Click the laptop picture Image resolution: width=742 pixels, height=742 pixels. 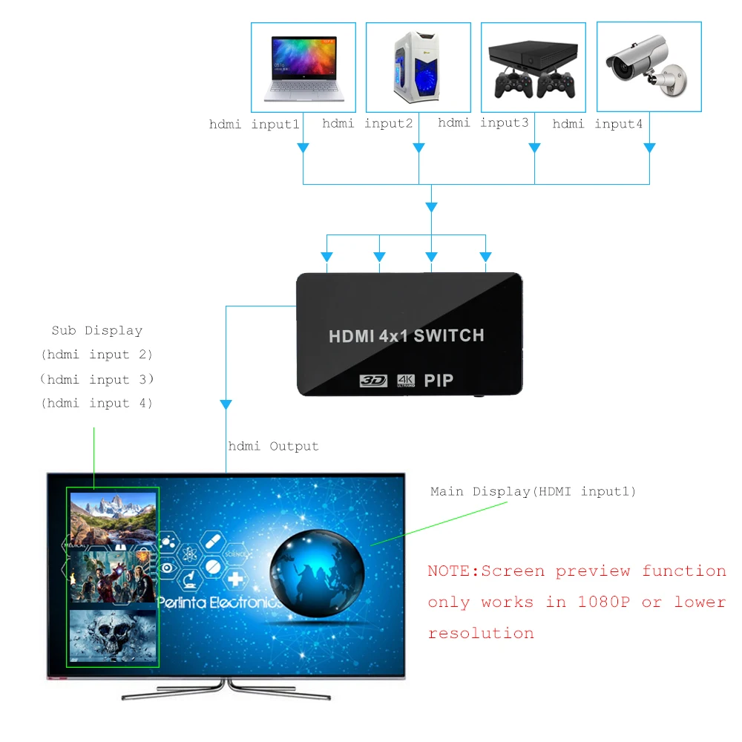point(303,68)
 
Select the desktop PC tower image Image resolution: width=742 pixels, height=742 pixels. point(418,68)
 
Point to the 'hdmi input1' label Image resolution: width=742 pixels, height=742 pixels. point(255,124)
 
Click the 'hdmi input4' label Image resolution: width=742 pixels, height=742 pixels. point(598,124)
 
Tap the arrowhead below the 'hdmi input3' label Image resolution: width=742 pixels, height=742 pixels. point(534,148)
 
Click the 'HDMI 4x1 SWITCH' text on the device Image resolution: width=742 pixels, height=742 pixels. point(407,335)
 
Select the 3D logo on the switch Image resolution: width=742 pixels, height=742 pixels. point(373,381)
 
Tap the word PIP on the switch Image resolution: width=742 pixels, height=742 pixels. point(439,381)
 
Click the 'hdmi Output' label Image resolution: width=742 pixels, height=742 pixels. point(273,446)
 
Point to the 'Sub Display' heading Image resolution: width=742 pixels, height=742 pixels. point(96,330)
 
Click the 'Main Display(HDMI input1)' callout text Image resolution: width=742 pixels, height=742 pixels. point(533,491)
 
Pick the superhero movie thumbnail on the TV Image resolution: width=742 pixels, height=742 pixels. point(113,577)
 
